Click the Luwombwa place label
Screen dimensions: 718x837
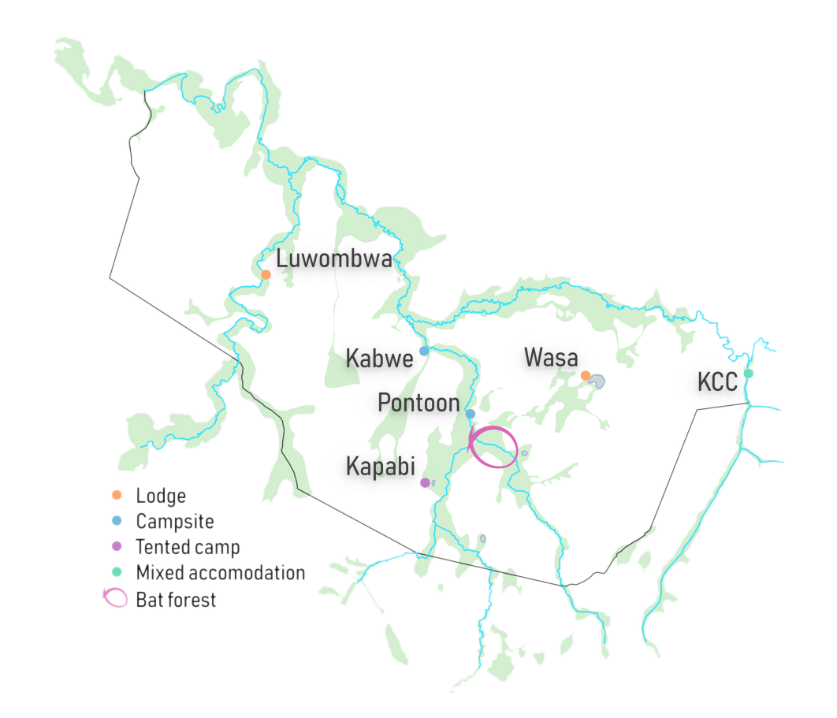[x=333, y=259]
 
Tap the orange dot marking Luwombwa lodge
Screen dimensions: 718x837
[x=266, y=274]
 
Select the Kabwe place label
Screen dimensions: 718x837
[x=379, y=359]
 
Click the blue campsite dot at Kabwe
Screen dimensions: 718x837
[x=424, y=351]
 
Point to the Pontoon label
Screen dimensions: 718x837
[x=418, y=403]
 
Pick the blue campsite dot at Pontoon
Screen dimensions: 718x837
[x=471, y=414]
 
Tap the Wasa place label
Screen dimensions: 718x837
[x=551, y=357]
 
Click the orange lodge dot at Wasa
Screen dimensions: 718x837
[x=586, y=375]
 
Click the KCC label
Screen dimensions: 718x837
[x=717, y=383]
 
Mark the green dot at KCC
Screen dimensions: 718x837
[x=749, y=373]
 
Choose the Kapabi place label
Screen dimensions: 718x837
[x=381, y=466]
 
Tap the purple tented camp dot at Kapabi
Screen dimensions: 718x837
[x=425, y=482]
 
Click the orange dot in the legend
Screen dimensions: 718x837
[x=117, y=496]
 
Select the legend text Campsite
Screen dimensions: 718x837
[x=175, y=521]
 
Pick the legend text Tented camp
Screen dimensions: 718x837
[x=188, y=546]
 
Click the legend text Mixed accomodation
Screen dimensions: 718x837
[x=220, y=572]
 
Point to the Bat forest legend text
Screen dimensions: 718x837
[x=176, y=600]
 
